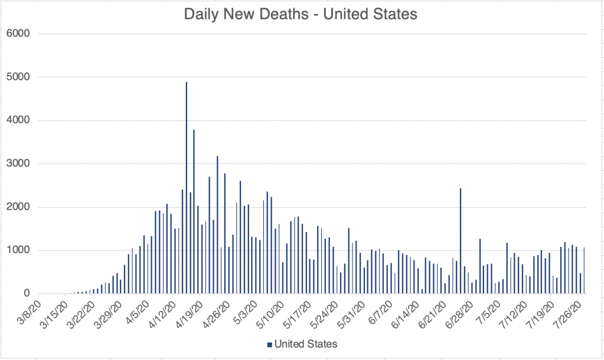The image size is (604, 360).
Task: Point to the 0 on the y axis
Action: (25, 293)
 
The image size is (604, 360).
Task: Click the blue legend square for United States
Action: (269, 343)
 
